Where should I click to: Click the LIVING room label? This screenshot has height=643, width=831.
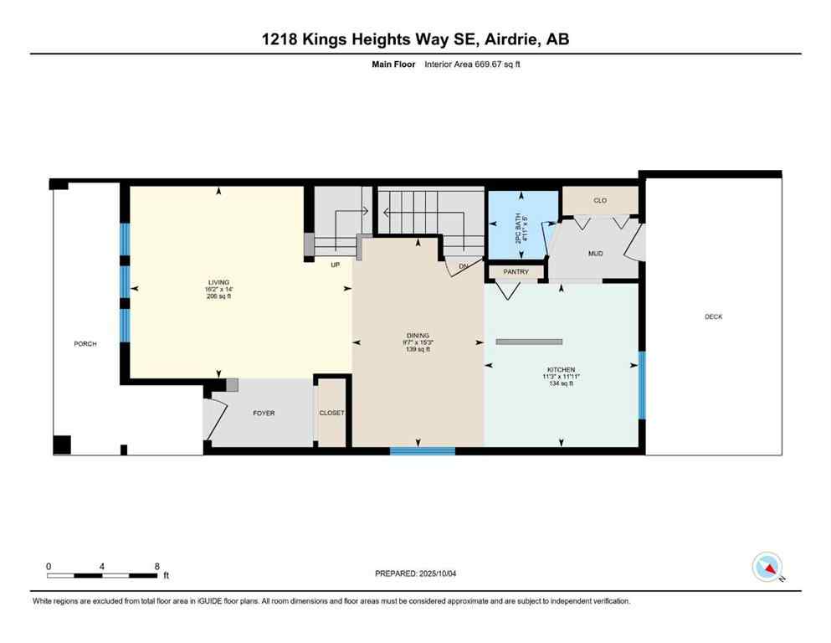[x=219, y=282]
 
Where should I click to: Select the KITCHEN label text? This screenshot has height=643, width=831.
[x=561, y=369]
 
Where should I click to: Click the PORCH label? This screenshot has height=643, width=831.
[x=85, y=344]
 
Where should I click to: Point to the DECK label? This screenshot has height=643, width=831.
[x=713, y=316]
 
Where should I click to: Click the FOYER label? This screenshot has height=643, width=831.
[x=264, y=413]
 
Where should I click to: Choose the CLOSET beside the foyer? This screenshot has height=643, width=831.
[x=331, y=413]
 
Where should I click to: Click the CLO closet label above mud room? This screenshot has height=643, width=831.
[x=599, y=201]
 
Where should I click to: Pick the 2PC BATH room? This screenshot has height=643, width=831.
[x=522, y=224]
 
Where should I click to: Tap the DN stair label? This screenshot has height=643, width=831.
[x=462, y=266]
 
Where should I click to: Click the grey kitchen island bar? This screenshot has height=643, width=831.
[x=529, y=342]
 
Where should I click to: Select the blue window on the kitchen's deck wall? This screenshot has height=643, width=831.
[x=642, y=384]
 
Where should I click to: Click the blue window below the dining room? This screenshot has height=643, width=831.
[x=423, y=451]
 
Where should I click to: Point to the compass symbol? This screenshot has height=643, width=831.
[x=767, y=567]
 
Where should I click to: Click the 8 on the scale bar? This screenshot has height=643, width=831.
[x=156, y=566]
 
